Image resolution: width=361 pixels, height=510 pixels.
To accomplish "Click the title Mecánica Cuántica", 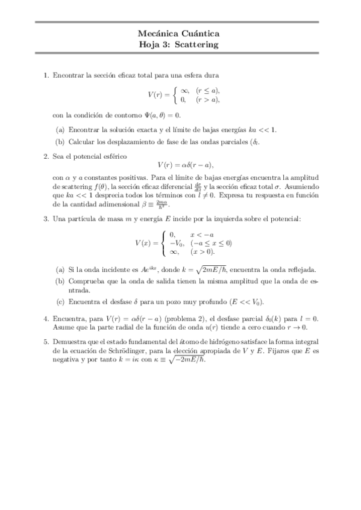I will pyautogui.click(x=180, y=34).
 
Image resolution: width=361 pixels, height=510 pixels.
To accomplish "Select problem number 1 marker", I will pyautogui.click(x=46, y=75).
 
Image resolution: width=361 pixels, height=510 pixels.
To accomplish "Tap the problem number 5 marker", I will pyautogui.click(x=46, y=340).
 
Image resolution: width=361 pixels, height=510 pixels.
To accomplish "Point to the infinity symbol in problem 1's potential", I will pyautogui.click(x=184, y=90).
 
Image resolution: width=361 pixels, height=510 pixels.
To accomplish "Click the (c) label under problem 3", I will pyautogui.click(x=60, y=301).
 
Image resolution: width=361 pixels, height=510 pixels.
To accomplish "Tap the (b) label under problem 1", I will pyautogui.click(x=60, y=142).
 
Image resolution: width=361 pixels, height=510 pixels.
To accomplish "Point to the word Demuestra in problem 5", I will pyautogui.click(x=69, y=340).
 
